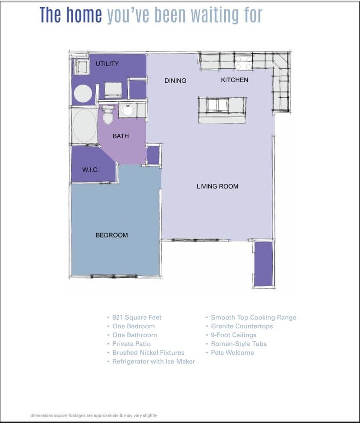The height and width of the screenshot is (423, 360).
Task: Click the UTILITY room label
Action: pos(107,64)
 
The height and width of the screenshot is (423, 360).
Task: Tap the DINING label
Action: pos(175,81)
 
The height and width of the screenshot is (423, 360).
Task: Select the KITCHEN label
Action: pos(234,80)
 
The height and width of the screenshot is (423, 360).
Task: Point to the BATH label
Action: pos(121,136)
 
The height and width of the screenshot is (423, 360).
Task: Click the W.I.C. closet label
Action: pos(91,170)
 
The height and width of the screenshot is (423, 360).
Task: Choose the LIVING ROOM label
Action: pos(217,186)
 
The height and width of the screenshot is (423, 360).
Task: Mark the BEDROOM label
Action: pos(112,235)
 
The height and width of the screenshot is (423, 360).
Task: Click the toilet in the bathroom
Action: pos(108,117)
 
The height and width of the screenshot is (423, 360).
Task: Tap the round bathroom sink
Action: pos(127,110)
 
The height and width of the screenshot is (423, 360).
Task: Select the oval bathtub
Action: pos(84,125)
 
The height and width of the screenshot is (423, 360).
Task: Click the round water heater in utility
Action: pos(83,94)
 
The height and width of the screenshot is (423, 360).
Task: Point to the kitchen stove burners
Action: pos(244,63)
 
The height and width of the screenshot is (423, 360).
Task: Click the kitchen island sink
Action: pos(217,105)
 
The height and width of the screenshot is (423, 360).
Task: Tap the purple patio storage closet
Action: pos(263,264)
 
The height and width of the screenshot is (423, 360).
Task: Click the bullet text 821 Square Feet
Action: pos(137,317)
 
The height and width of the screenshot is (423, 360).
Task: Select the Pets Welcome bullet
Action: pos(232,352)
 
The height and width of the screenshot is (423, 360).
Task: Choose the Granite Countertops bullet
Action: pos(241,326)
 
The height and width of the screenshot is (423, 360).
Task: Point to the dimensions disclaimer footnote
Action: pos(94,415)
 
